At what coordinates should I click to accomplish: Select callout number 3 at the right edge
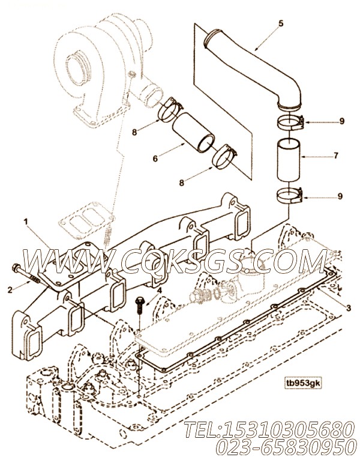click(348, 307)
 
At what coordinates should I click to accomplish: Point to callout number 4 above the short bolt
click(159, 291)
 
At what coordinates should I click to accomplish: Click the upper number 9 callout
click(341, 121)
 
